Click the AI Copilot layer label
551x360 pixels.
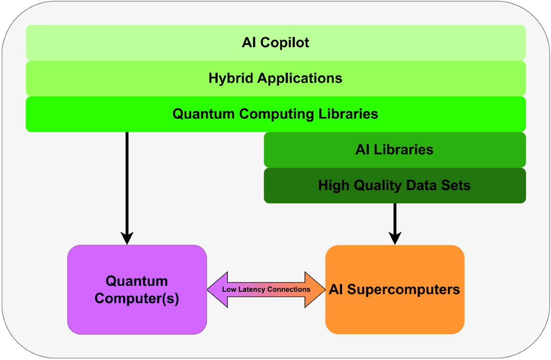[x=275, y=43]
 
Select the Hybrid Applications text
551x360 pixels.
[x=275, y=78]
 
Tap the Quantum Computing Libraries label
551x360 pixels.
[x=275, y=114]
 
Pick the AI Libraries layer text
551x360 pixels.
[x=394, y=150]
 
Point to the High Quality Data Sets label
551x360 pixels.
[x=394, y=186]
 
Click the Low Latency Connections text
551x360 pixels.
[x=266, y=290]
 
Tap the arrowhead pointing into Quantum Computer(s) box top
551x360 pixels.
[x=127, y=238]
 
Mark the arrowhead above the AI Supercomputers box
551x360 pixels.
[x=395, y=238]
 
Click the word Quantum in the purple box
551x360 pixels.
[x=137, y=281]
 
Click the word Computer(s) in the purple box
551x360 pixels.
[x=137, y=298]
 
